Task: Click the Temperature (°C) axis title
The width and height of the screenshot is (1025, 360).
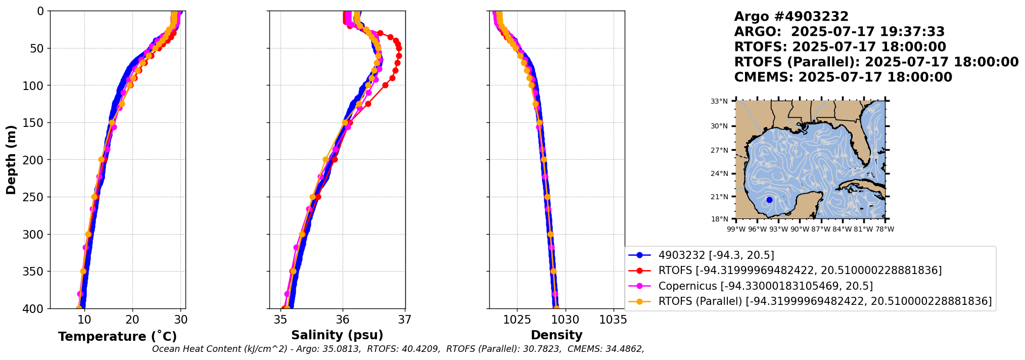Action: point(117,337)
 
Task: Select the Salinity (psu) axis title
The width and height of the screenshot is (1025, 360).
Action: point(337,335)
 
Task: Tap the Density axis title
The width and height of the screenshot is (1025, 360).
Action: point(556,335)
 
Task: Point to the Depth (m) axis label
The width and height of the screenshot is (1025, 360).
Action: point(11,160)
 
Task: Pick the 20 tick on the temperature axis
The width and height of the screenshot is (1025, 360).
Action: point(132,320)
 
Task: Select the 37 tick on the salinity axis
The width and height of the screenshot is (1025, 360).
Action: point(405,320)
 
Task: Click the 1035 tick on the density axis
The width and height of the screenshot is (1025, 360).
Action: point(613,320)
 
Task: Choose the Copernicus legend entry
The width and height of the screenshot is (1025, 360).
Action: point(765,286)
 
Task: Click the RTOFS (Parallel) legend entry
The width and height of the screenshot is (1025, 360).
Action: point(824,301)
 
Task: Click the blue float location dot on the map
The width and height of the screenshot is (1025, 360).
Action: point(769,200)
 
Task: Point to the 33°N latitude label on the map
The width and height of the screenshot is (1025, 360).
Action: point(719,102)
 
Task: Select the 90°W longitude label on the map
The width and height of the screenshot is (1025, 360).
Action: point(800,229)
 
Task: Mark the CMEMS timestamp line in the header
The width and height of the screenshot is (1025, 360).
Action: point(843,77)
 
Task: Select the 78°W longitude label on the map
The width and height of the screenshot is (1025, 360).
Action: point(884,229)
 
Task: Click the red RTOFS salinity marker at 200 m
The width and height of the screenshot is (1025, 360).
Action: point(335,160)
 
